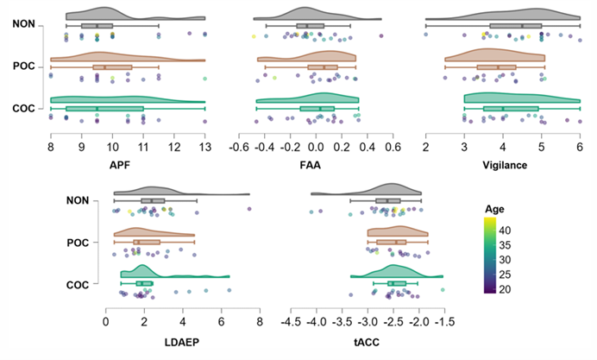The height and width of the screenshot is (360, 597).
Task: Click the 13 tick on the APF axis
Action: (x=205, y=146)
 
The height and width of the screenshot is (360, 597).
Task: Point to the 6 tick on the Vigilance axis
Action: (x=580, y=146)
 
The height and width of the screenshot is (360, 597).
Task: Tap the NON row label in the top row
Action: (x=24, y=24)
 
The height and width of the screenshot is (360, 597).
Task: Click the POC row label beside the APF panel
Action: (x=24, y=66)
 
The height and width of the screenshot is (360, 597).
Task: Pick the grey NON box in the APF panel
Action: (x=97, y=26)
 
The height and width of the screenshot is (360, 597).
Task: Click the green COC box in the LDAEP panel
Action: (x=144, y=283)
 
